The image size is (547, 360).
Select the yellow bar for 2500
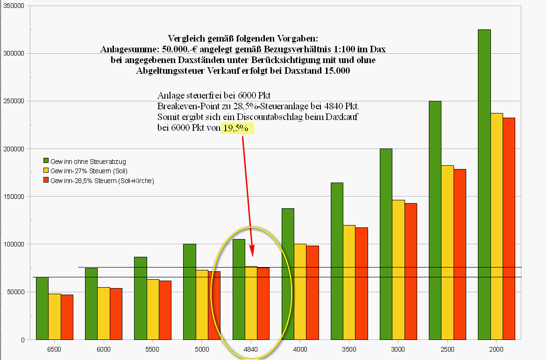(447, 252)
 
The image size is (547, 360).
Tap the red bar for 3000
(411, 271)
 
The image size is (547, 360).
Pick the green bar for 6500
(42, 308)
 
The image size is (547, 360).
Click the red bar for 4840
(263, 304)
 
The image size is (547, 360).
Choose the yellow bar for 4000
(300, 291)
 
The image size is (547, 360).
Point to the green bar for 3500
(337, 261)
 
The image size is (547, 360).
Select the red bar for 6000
(116, 314)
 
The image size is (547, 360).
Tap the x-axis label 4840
(251, 349)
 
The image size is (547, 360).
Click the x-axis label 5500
(152, 349)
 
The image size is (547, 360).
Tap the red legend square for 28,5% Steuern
(46, 180)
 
